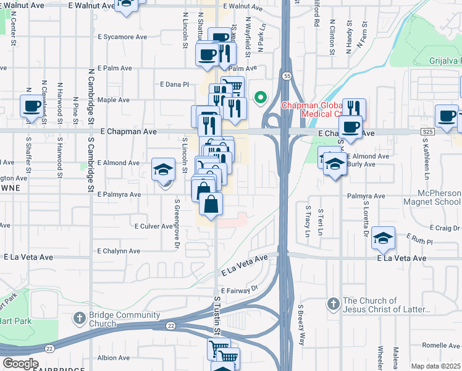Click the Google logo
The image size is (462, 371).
click(x=20, y=364)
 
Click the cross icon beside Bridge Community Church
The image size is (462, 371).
click(x=79, y=319)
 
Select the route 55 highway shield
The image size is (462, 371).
click(x=287, y=75)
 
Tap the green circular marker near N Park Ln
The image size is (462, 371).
click(x=261, y=97)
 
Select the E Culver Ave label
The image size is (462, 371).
click(x=154, y=226)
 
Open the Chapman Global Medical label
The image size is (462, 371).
click(x=312, y=109)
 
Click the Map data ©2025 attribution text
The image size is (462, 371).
click(x=435, y=366)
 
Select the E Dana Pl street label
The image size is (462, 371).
click(x=174, y=84)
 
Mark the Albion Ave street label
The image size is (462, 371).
click(x=114, y=357)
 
